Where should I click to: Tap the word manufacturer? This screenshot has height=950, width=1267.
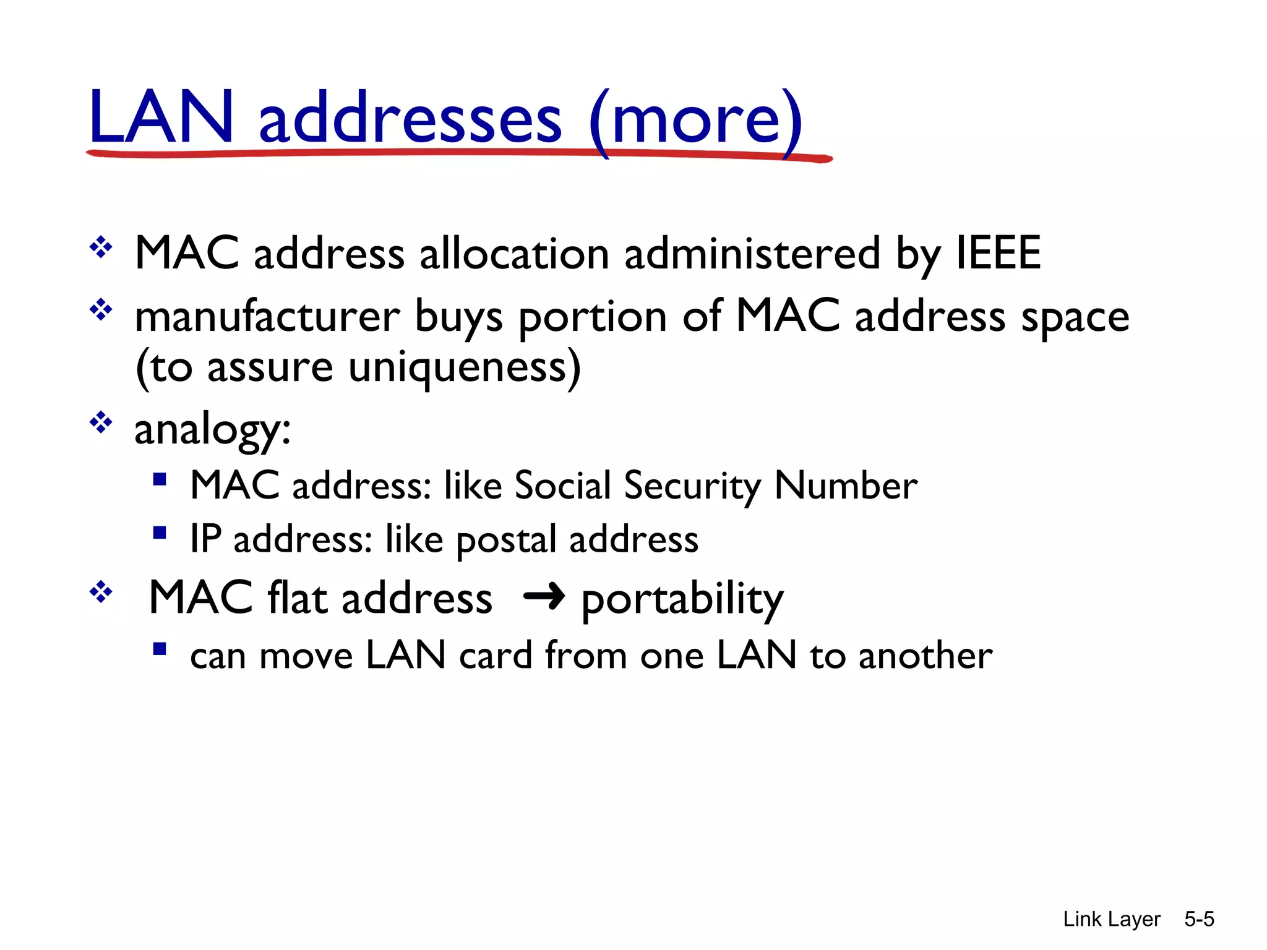[267, 316]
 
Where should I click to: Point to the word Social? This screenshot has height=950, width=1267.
[562, 485]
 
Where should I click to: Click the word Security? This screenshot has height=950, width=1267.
[692, 486]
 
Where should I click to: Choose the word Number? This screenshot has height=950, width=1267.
[846, 485]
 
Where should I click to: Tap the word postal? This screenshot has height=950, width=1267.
[505, 540]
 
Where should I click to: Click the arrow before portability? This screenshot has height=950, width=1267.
[544, 597]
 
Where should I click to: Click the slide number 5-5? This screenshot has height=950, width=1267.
[1199, 919]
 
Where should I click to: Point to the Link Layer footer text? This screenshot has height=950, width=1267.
[1111, 919]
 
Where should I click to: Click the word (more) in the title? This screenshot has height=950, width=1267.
[695, 121]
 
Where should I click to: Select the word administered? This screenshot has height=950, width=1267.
[752, 253]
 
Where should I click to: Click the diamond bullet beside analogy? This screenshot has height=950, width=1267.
[101, 423]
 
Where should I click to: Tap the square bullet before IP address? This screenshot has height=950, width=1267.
[160, 533]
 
